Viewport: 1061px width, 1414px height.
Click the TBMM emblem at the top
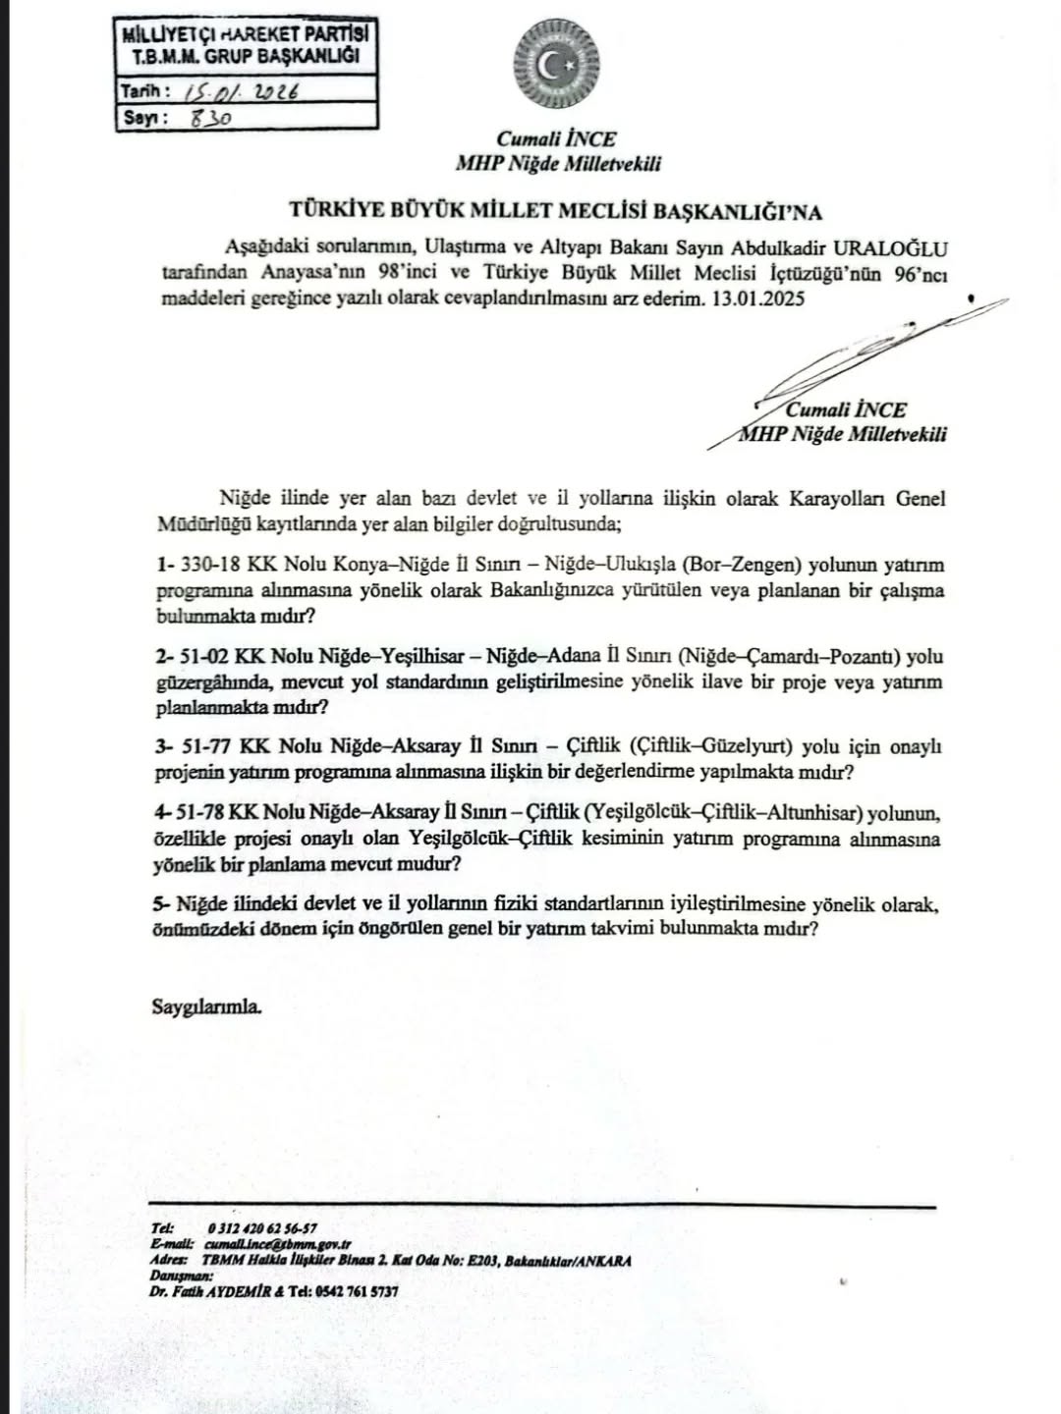click(557, 67)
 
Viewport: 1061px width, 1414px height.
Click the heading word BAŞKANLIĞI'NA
click(738, 211)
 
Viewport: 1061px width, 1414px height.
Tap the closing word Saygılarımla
click(207, 1006)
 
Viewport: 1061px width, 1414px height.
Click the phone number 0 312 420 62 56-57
click(262, 1227)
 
